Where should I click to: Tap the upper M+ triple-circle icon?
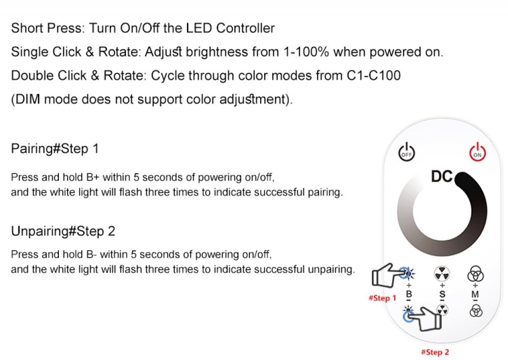(475, 275)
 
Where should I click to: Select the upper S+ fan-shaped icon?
(442, 274)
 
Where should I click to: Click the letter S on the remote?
(442, 294)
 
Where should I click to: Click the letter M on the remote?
(475, 294)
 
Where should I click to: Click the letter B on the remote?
(409, 294)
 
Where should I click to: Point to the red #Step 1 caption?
(382, 298)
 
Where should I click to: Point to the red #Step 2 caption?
(435, 352)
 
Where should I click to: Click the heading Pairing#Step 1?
(55, 149)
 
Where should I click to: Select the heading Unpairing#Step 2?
(63, 231)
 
